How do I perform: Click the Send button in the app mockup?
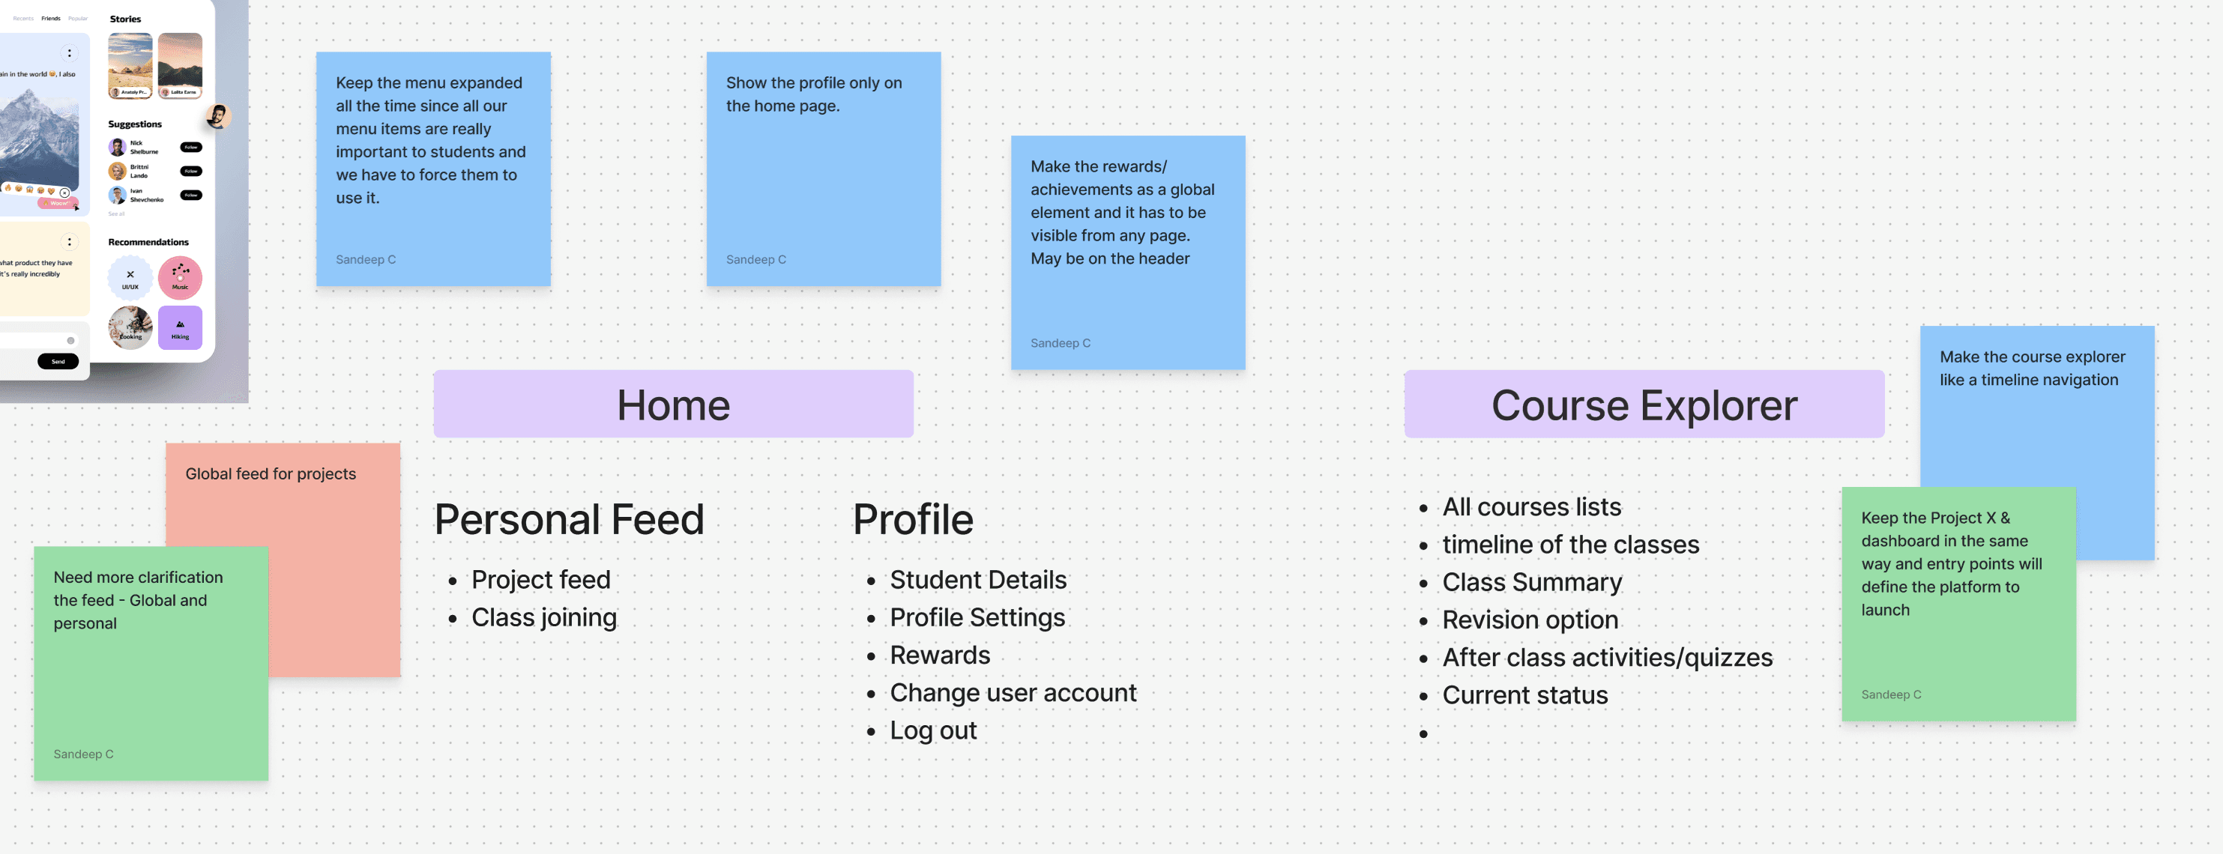[58, 361]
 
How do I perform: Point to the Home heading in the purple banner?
[673, 405]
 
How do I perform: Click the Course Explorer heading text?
[1644, 405]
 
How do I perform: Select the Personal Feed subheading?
[569, 519]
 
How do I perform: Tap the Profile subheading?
[912, 519]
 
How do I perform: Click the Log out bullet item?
[933, 730]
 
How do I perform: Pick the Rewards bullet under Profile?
[940, 655]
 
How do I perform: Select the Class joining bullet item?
[543, 617]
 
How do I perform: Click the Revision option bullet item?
[1530, 620]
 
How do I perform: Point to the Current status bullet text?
[1525, 695]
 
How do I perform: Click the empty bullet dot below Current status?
[1423, 734]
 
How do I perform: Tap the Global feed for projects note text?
[270, 473]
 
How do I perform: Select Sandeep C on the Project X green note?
[1891, 694]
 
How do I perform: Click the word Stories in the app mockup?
[125, 19]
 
